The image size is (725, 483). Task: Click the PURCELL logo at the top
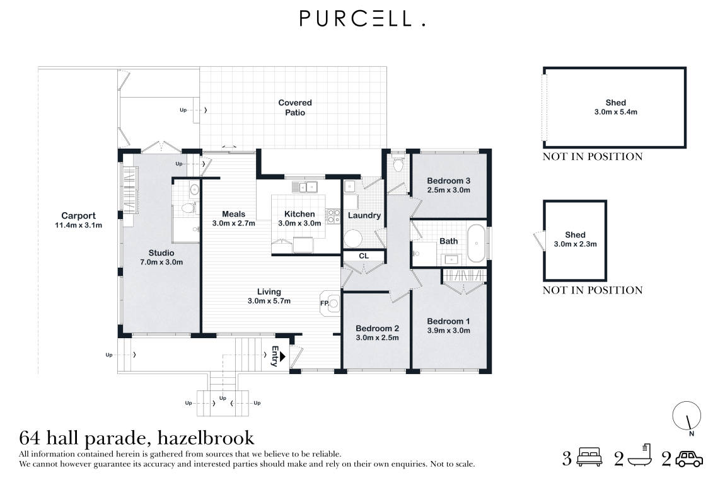pos(362,19)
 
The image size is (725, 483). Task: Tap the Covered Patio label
pos(295,108)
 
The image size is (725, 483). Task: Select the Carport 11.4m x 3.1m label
pos(78,220)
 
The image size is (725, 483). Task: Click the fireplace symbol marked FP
pos(331,303)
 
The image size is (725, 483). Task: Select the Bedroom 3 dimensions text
pos(449,190)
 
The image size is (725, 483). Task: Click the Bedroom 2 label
pos(377,328)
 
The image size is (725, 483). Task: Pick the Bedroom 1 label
pos(448,321)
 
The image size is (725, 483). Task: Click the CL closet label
pos(364,256)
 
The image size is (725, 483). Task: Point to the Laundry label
pos(364,215)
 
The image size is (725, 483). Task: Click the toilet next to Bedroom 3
pos(397,166)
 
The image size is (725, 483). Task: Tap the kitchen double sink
pos(307,186)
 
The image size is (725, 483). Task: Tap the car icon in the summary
pos(689,459)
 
